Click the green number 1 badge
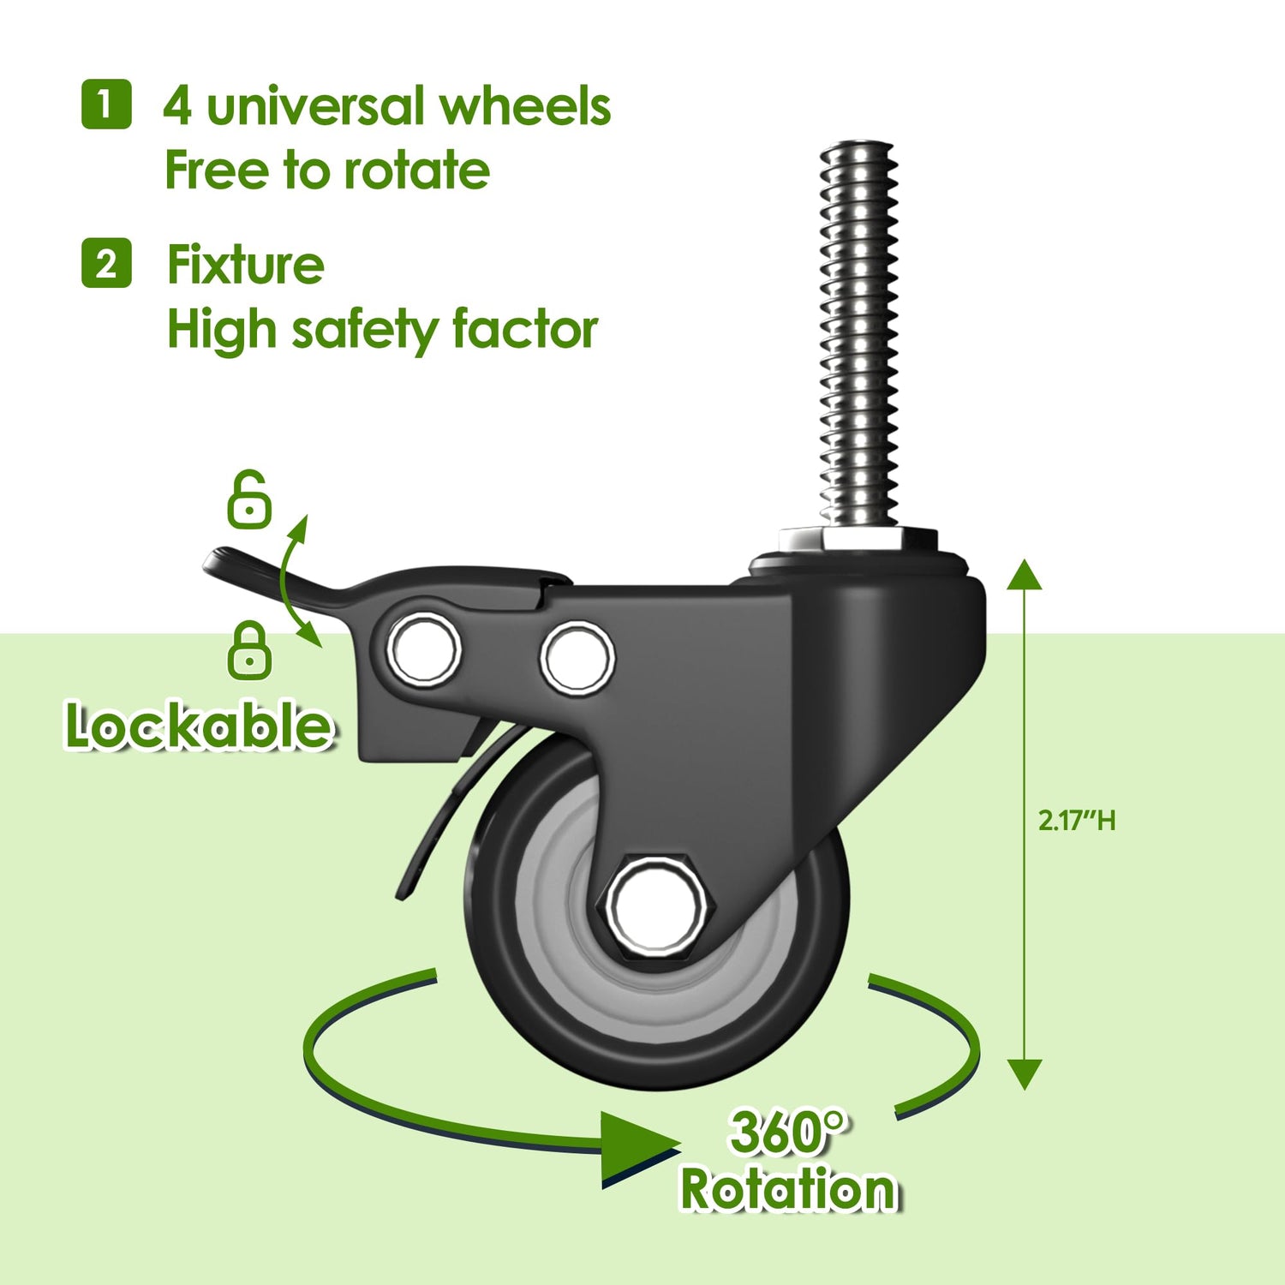click(x=106, y=105)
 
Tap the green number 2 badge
click(x=106, y=263)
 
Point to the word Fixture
click(x=245, y=265)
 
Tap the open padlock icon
click(x=249, y=499)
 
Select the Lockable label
click(x=199, y=726)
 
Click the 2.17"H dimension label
click(x=1077, y=821)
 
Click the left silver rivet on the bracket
click(x=423, y=648)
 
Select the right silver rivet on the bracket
click(x=577, y=658)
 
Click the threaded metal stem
click(x=858, y=334)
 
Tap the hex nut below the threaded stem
click(x=858, y=541)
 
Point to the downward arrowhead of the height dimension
click(x=1024, y=1073)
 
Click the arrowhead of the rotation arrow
click(x=638, y=1148)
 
